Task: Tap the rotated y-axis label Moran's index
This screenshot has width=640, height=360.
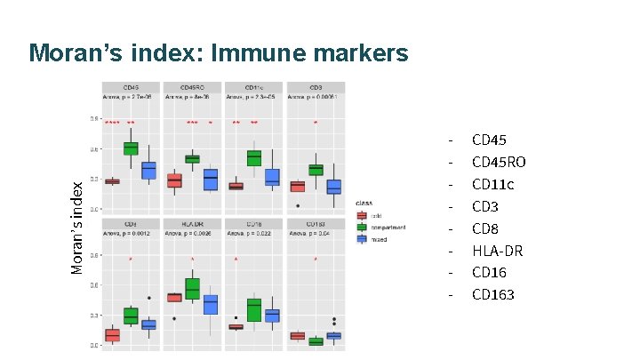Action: tap(78, 227)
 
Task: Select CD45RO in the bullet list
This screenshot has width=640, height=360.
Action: tap(498, 162)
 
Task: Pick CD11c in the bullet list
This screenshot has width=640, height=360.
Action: tap(492, 184)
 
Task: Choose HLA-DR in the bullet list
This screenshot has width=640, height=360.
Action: tap(497, 251)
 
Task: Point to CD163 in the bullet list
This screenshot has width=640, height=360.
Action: tap(492, 294)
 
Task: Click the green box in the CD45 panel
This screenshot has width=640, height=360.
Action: tap(131, 148)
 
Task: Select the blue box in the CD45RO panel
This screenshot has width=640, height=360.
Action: tap(211, 180)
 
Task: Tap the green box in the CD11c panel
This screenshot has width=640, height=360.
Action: tap(254, 157)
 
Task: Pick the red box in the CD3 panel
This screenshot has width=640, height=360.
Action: tap(298, 187)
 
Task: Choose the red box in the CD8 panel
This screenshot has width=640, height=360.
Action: tap(112, 335)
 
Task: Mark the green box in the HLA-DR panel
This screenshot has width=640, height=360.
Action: tap(192, 288)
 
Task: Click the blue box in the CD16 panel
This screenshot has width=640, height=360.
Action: tap(272, 316)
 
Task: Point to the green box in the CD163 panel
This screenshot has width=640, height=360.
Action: tap(316, 341)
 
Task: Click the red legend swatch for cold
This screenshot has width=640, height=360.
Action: tap(362, 215)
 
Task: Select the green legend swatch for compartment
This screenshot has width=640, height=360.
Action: tap(362, 227)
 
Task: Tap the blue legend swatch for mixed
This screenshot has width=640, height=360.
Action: tap(362, 238)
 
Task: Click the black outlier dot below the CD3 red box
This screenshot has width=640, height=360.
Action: tap(298, 205)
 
